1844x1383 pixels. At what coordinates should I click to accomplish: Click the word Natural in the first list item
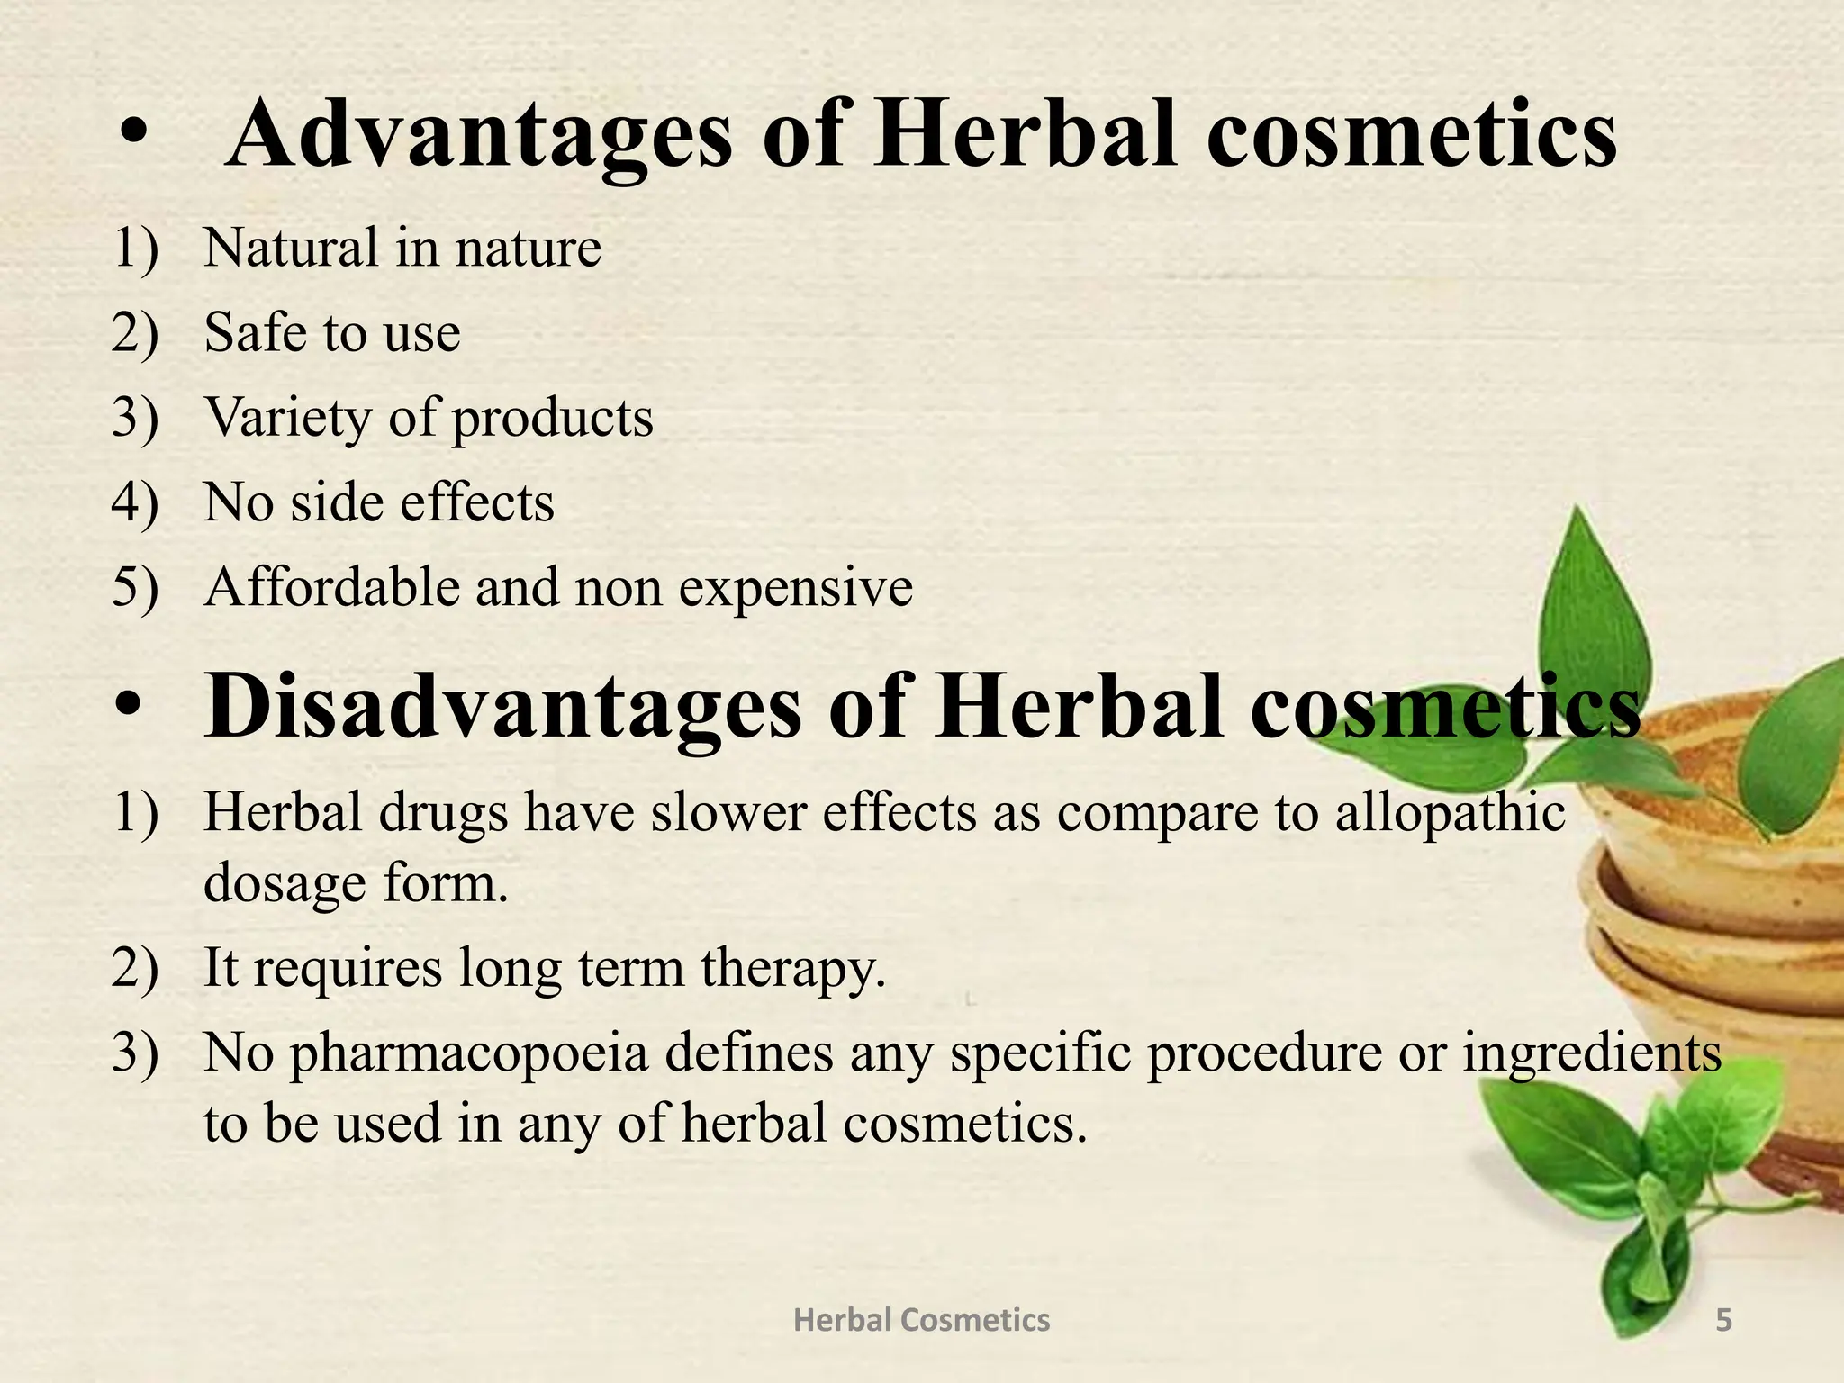291,248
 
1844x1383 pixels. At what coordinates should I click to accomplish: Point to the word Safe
256,332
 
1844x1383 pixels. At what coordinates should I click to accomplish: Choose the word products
552,419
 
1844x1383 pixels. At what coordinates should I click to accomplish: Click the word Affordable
330,587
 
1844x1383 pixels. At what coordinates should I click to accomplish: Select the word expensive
796,589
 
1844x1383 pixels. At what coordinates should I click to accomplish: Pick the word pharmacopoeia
469,1053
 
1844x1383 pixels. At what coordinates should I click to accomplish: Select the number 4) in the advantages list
135,502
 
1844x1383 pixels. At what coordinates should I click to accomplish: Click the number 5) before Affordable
135,587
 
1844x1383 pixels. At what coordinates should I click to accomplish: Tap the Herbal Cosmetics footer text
921,1320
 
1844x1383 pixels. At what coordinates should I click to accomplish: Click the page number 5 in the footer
1723,1320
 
